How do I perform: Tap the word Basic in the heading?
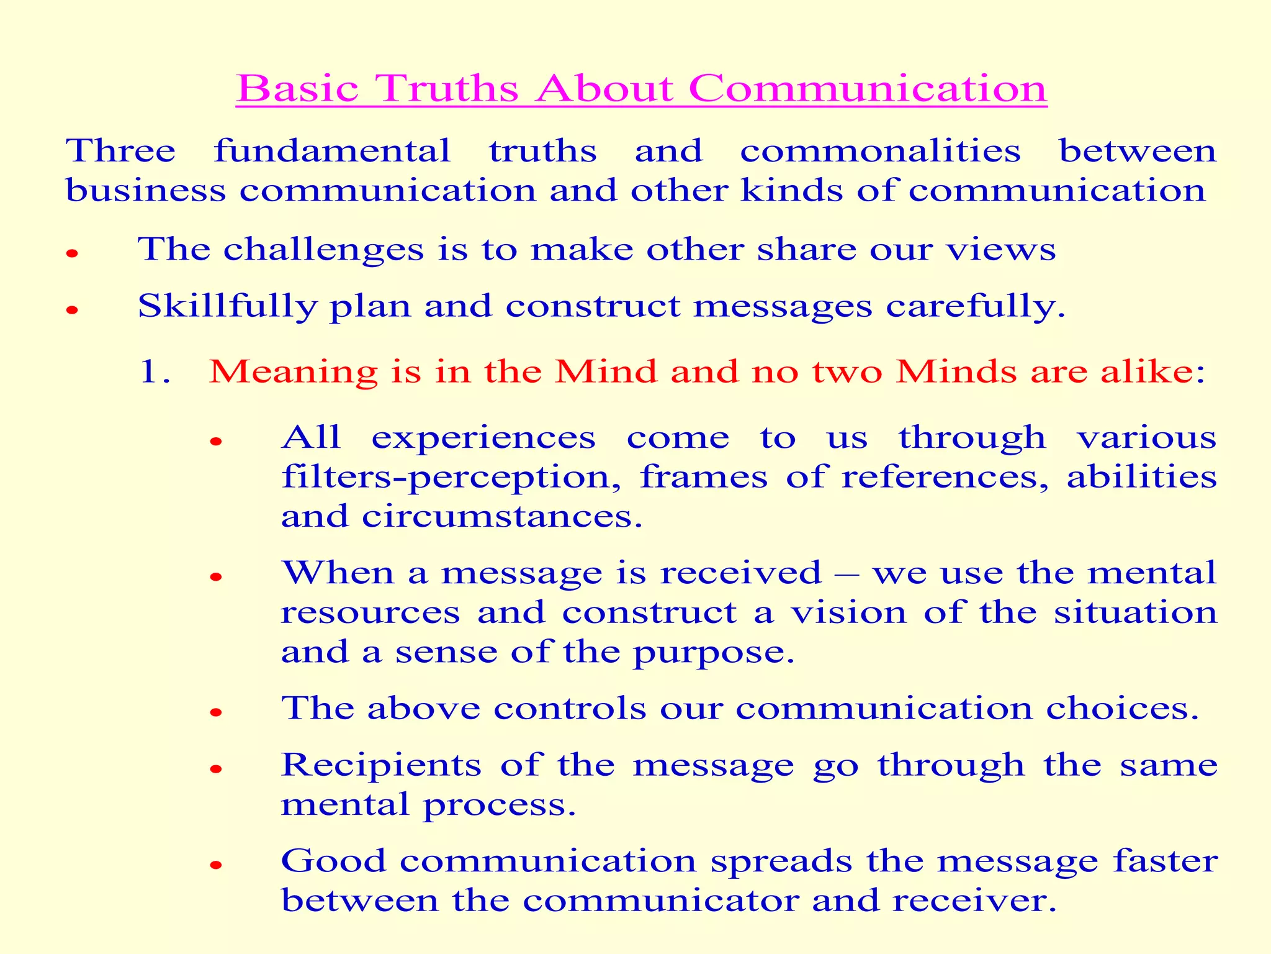click(x=298, y=88)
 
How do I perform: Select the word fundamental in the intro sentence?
click(x=332, y=151)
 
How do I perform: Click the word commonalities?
click(x=880, y=151)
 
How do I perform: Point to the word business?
click(x=146, y=190)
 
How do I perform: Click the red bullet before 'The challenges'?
click(x=73, y=253)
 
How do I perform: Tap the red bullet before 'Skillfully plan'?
click(x=73, y=309)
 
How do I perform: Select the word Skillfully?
click(x=227, y=306)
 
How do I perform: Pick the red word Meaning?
click(x=293, y=373)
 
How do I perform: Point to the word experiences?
click(x=483, y=438)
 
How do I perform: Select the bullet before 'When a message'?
click(x=216, y=577)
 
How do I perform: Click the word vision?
click(x=848, y=613)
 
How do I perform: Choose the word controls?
click(x=570, y=708)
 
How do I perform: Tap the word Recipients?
click(x=381, y=765)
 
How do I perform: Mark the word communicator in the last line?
click(x=660, y=901)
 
